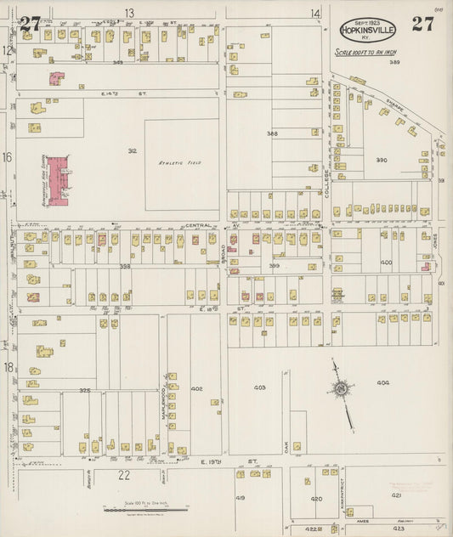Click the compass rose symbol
(339, 389)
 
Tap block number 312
(132, 150)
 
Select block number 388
(272, 133)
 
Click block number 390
(382, 160)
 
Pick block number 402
(197, 388)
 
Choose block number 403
(259, 387)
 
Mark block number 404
(382, 382)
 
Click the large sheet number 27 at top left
(31, 23)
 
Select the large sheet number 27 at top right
(422, 23)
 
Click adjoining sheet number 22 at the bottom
(124, 474)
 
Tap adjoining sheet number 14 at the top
(315, 13)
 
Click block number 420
(316, 499)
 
